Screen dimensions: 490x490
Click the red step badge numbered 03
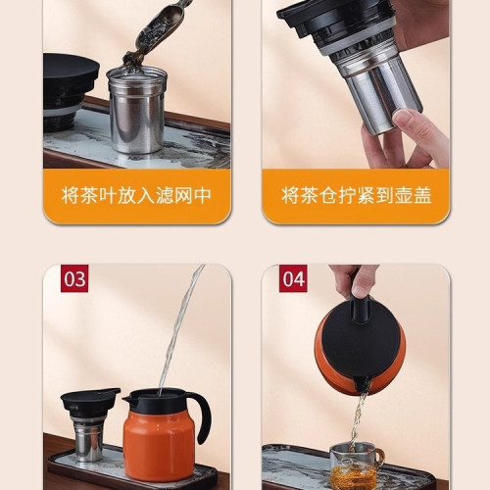74,278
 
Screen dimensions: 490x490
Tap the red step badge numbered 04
293,278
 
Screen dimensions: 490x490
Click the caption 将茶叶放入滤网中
136,195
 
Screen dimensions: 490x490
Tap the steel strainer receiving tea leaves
136,109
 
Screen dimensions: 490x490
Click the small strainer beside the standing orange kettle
89,436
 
